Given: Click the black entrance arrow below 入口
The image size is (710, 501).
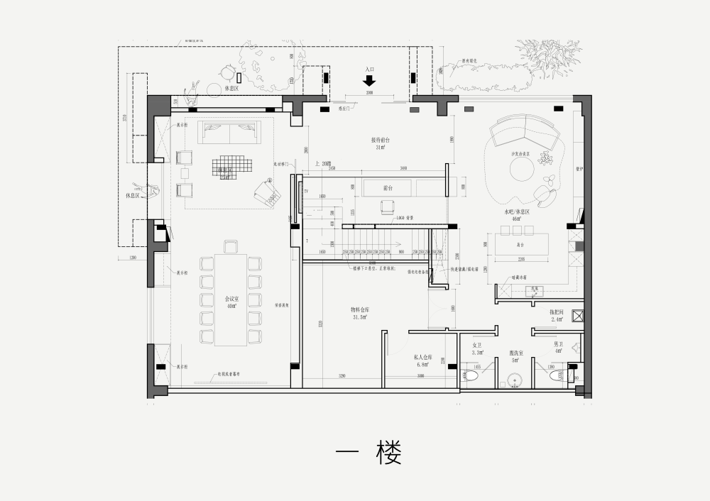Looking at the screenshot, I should click(369, 80).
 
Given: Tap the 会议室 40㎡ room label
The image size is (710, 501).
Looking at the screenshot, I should click(231, 302).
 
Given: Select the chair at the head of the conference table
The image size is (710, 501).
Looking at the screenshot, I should click(230, 246).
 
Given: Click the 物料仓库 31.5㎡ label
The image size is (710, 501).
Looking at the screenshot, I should click(359, 313).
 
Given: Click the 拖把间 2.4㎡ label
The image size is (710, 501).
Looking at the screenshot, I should click(557, 315).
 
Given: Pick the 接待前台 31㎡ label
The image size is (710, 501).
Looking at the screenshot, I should click(381, 143).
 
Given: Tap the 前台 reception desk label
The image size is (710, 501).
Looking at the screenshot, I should click(388, 188).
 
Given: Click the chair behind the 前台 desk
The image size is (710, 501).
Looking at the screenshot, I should click(388, 207).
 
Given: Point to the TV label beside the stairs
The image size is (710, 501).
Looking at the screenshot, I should click(306, 192).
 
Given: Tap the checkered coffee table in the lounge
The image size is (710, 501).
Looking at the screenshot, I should click(231, 165).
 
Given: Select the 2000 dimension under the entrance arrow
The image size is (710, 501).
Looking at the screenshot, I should click(369, 93).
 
